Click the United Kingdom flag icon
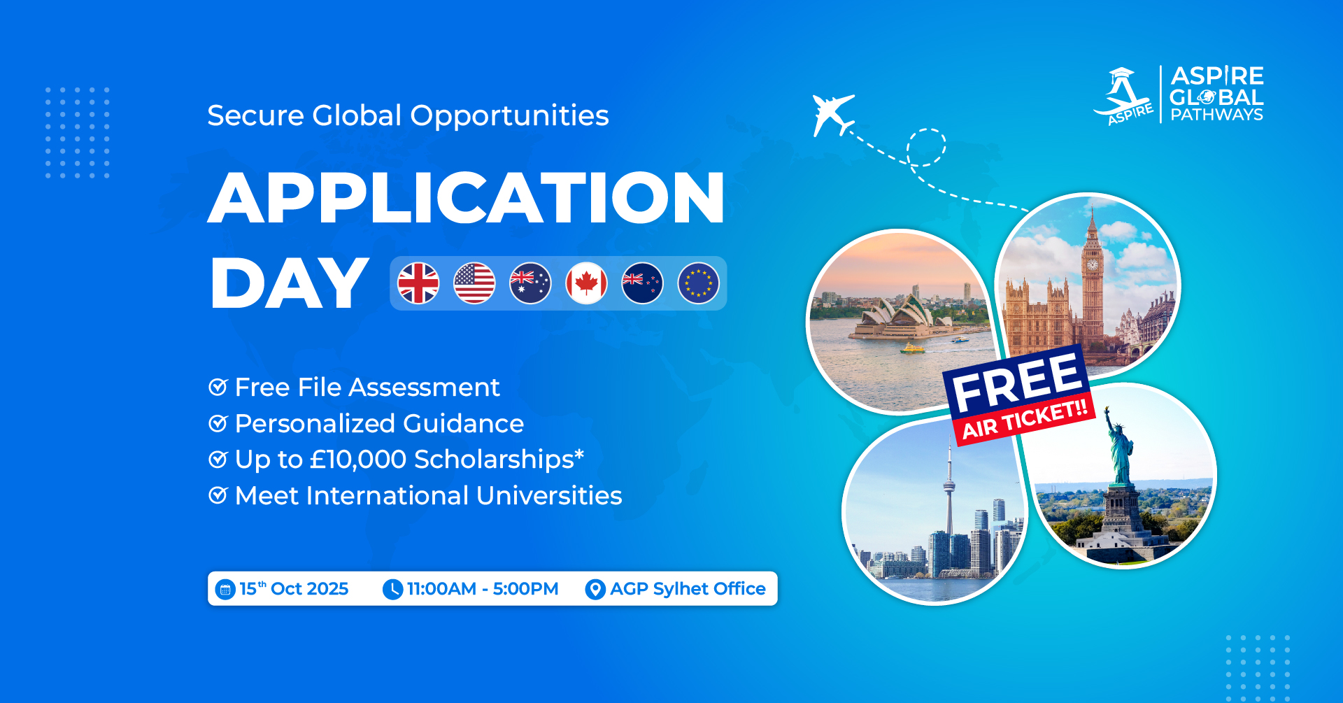click(418, 283)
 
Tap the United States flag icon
click(474, 283)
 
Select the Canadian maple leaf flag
click(586, 283)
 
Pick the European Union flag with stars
click(698, 283)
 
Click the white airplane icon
click(832, 114)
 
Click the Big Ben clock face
click(1092, 264)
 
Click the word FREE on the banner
click(1016, 381)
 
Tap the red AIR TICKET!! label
click(1025, 419)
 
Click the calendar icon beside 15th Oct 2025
click(225, 590)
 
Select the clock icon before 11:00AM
click(392, 590)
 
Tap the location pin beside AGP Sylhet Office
click(595, 590)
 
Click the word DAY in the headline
click(290, 283)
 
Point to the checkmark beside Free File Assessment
click(218, 387)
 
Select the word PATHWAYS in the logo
click(1217, 115)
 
